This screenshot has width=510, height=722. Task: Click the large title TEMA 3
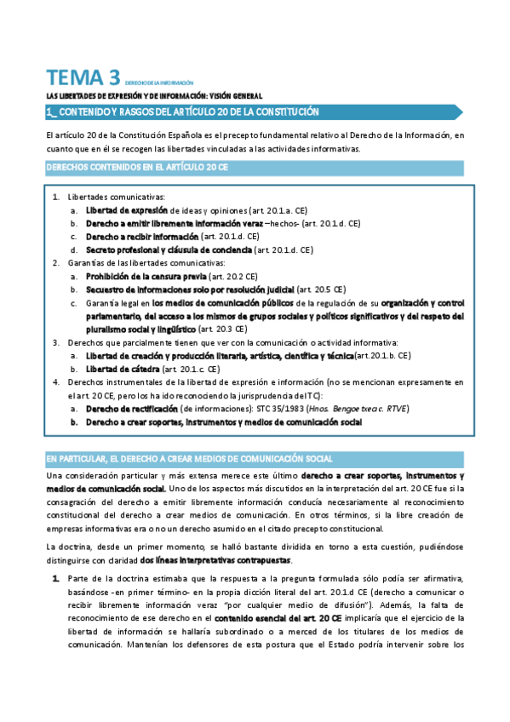pos(83,78)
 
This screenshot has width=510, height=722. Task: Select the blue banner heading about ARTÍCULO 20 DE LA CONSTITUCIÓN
pos(183,112)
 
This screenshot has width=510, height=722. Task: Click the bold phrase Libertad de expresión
pos(125,209)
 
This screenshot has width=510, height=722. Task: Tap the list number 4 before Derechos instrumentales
pos(56,382)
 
